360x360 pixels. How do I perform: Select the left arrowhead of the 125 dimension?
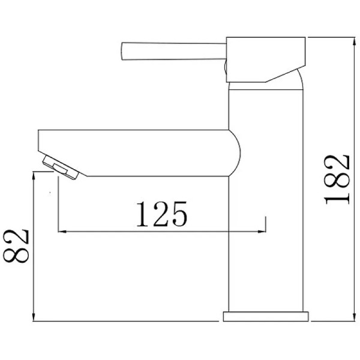(x=61, y=230)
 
